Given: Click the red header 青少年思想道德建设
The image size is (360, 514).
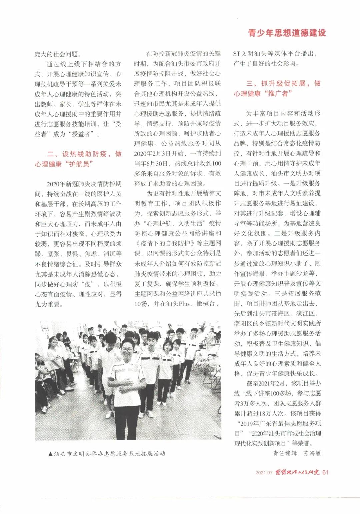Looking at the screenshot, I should [287, 33].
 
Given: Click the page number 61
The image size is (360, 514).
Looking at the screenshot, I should [326, 472].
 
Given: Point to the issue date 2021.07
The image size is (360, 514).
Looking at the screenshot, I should [264, 472].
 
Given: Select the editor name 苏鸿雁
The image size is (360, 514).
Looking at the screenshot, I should [312, 453].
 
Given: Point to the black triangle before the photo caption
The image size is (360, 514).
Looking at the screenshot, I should [50, 454].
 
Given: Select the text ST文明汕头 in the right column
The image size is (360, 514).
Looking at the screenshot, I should [253, 53].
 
